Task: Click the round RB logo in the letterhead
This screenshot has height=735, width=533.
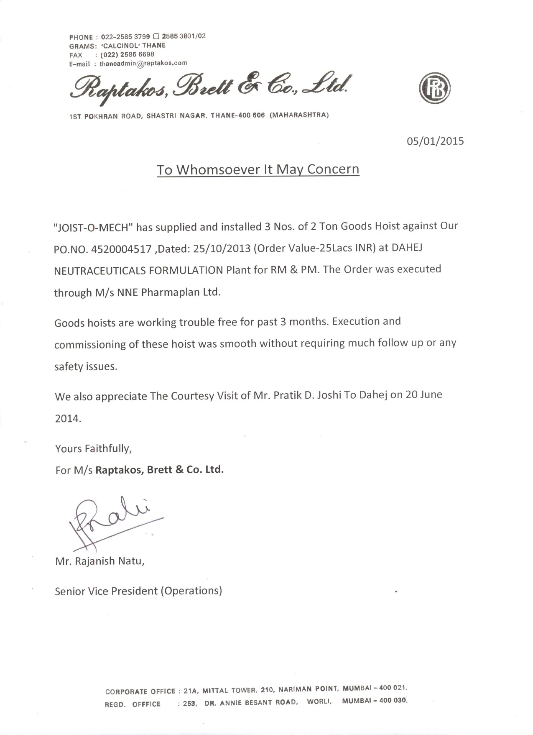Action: [434, 88]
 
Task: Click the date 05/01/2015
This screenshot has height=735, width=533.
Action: [435, 141]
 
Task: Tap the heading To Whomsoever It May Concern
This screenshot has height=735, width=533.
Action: [258, 169]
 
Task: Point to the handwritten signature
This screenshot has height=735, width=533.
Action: [113, 521]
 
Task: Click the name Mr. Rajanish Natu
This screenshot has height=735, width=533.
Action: [99, 561]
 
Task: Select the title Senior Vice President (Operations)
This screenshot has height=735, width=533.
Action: [138, 591]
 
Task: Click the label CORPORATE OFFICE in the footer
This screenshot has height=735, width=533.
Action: [140, 691]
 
